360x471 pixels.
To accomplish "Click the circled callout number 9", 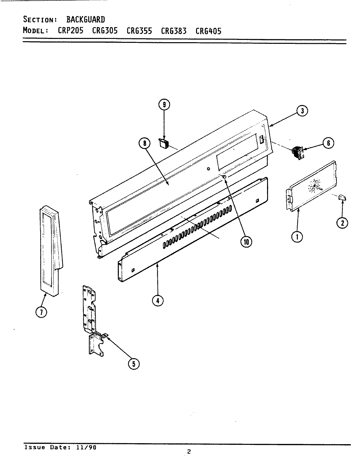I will coord(164,105).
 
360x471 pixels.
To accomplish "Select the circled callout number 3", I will coord(302,111).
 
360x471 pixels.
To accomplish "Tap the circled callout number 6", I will coord(328,143).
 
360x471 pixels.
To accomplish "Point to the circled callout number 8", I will coord(144,143).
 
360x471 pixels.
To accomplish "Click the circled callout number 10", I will coord(246,242).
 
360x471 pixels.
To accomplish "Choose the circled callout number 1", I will coord(297,236).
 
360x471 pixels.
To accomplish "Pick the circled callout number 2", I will coord(342,223).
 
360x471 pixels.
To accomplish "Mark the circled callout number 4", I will coord(157,300).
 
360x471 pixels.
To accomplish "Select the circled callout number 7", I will coord(41,312).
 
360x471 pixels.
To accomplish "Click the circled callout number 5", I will coord(133,364).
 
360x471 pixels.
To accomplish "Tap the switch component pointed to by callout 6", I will coord(297,153).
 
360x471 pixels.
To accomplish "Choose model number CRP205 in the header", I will coord(70,31).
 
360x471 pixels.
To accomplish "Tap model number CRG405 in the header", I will coord(208,31).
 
